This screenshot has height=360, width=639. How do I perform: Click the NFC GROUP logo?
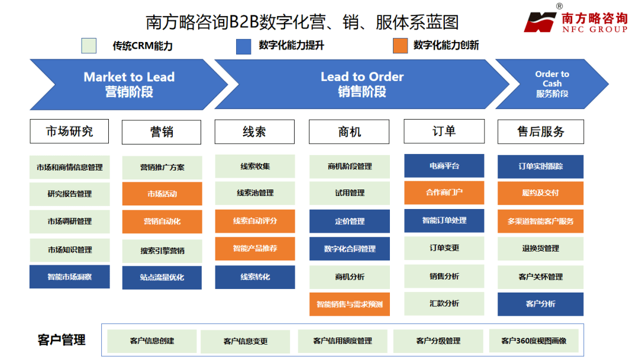[575, 21]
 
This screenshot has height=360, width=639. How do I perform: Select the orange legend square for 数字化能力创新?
[401, 46]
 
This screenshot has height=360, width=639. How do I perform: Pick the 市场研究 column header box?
[69, 131]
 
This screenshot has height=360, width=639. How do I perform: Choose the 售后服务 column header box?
[541, 131]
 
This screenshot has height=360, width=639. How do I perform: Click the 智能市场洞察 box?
[70, 277]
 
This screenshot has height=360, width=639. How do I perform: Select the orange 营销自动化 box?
[162, 221]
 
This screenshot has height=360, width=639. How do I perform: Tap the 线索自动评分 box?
[255, 221]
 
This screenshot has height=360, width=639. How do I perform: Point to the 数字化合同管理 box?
[350, 249]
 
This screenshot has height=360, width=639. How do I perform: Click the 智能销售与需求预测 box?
[350, 304]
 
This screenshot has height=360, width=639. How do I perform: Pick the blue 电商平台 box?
[444, 166]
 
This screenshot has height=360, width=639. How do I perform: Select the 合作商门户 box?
[444, 192]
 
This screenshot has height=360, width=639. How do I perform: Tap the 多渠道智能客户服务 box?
[540, 221]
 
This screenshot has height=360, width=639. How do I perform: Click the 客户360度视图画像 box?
[534, 340]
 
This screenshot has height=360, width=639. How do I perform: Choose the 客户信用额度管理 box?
[343, 340]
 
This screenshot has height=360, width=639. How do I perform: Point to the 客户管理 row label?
[62, 340]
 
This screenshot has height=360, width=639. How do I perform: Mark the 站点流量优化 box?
[162, 277]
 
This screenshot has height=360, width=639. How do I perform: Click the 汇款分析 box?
[444, 303]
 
